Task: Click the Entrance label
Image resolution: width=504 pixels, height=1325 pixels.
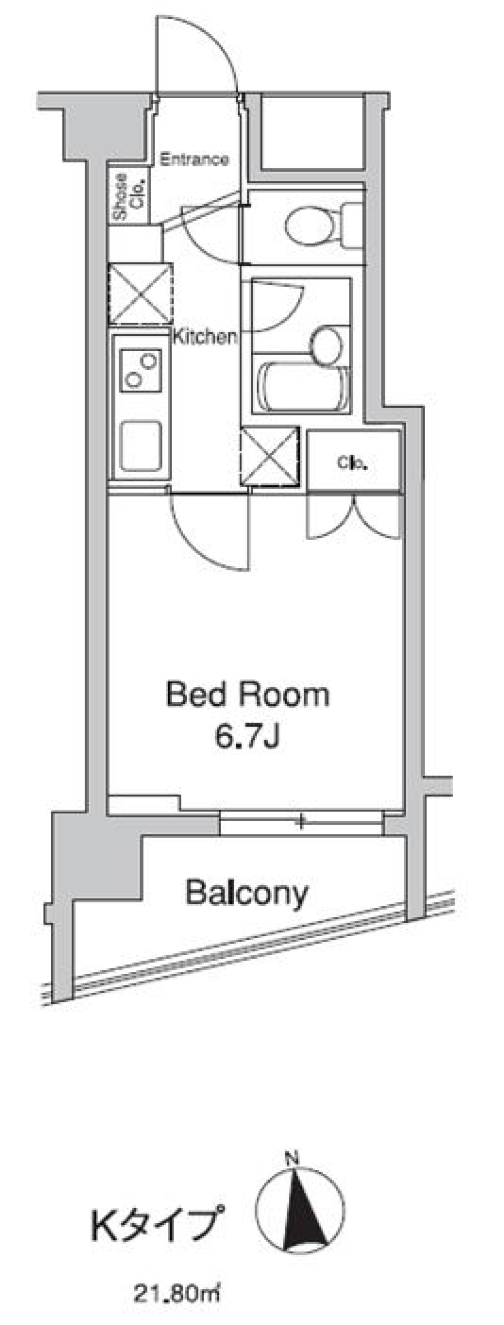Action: (194, 159)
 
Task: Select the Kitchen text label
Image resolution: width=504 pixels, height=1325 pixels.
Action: (205, 337)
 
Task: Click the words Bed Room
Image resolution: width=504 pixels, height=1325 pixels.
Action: (248, 694)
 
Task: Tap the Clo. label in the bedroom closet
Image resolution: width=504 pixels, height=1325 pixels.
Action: (352, 463)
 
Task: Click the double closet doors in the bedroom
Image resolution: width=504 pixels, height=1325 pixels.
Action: (355, 517)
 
